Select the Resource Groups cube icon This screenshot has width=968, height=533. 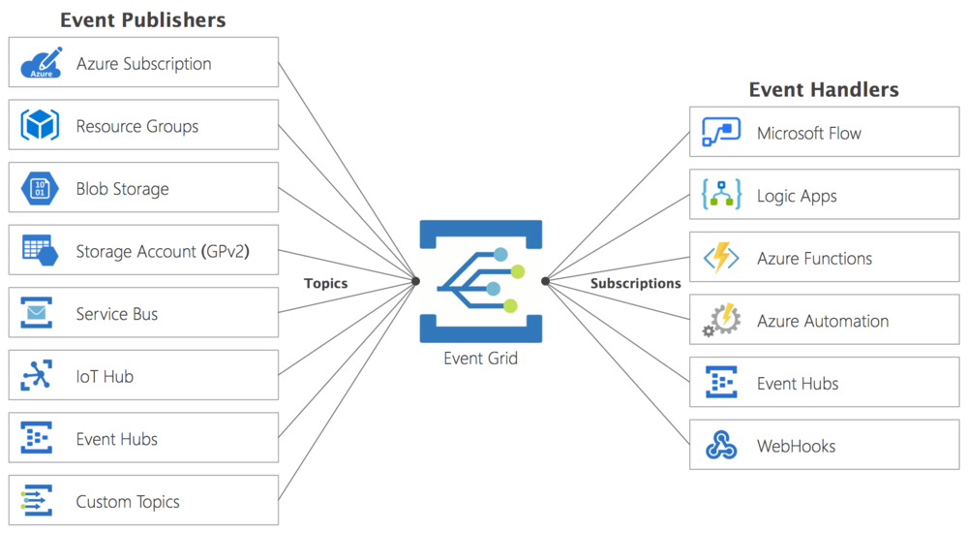coord(42,126)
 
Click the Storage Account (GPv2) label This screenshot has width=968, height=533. coord(162,252)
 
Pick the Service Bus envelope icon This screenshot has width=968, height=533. coord(38,314)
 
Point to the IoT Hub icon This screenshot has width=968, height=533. coord(38,376)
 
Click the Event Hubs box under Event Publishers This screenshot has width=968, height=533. coord(143,439)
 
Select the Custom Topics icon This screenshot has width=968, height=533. coord(38,501)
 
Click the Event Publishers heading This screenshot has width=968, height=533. coord(142,19)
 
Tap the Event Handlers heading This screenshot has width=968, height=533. coord(824,90)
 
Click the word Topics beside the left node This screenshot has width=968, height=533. coord(325,283)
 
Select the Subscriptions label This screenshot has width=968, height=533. coord(636,283)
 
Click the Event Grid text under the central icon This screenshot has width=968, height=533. coord(480,359)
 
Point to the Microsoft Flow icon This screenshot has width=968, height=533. coord(721,133)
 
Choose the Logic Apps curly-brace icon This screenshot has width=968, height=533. coord(721,196)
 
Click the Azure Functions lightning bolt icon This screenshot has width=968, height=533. coord(721,259)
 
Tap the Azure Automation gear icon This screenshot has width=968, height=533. coord(721,321)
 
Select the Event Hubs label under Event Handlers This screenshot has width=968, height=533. coord(798,384)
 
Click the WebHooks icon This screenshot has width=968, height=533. coord(721,446)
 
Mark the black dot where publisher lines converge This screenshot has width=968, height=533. coord(416,281)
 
